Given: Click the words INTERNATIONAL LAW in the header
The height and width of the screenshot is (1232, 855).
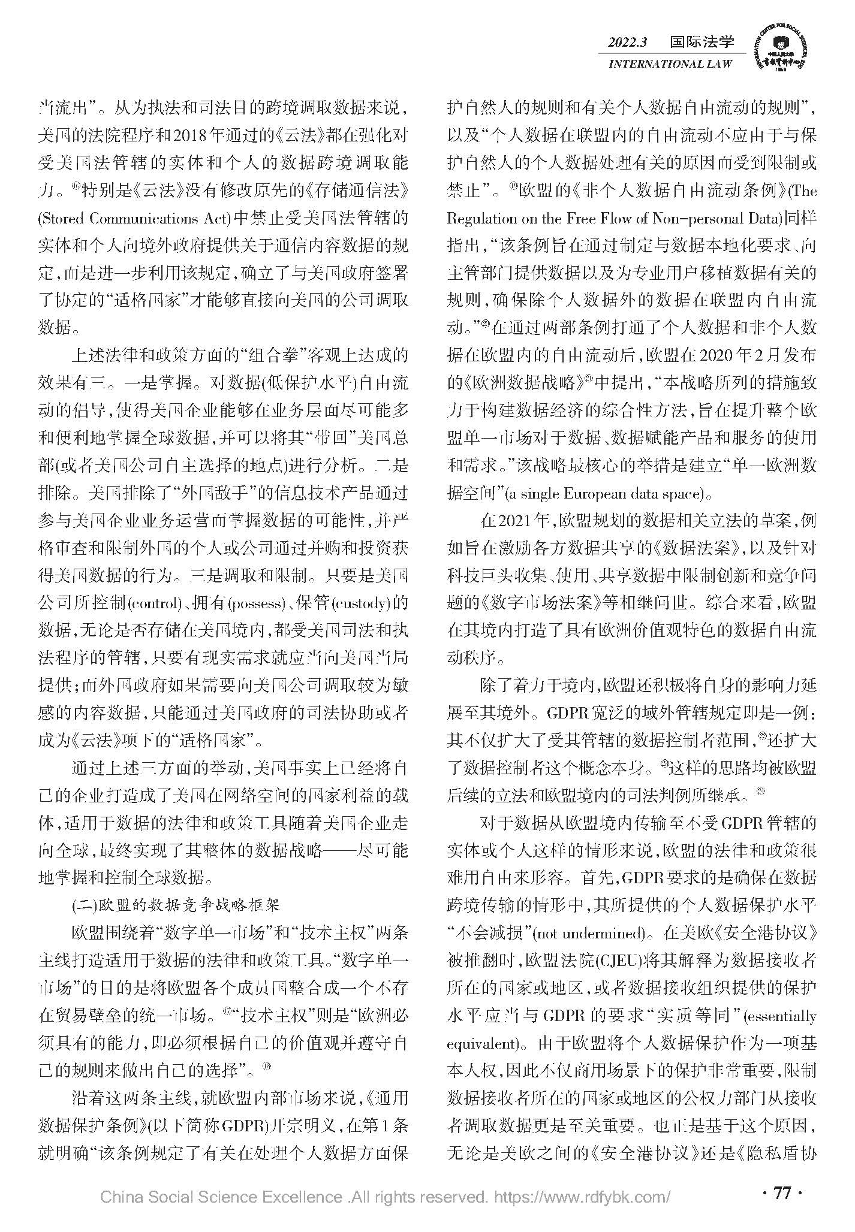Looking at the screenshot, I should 670,64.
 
